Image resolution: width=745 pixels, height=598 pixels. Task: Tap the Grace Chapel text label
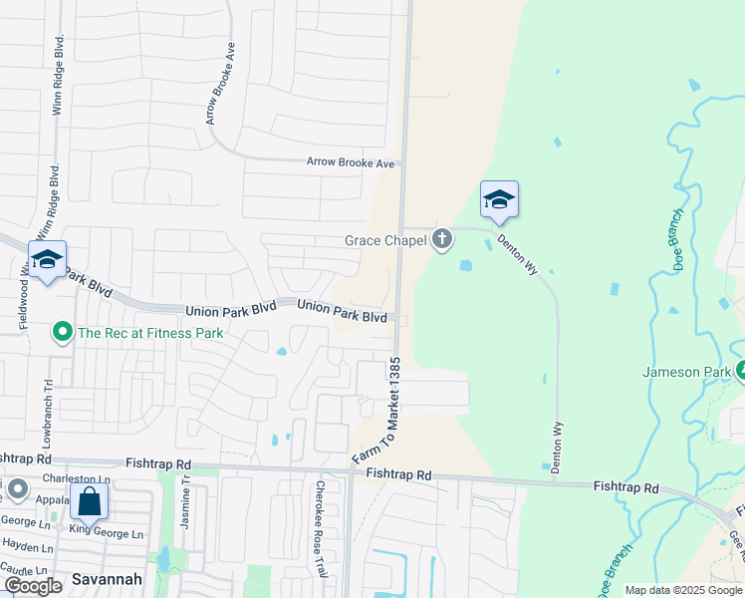click(x=385, y=240)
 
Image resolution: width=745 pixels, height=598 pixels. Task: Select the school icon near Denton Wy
click(x=498, y=199)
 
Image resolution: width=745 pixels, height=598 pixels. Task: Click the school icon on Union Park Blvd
click(x=47, y=259)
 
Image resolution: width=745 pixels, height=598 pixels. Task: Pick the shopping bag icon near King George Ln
click(x=89, y=501)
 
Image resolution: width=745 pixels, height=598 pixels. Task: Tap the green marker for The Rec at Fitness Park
click(x=62, y=332)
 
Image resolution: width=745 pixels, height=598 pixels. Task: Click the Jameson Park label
click(x=687, y=372)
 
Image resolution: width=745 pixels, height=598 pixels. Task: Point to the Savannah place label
click(x=107, y=579)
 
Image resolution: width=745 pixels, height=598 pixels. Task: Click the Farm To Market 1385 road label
click(x=375, y=410)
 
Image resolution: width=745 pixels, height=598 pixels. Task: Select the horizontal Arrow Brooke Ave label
click(x=351, y=162)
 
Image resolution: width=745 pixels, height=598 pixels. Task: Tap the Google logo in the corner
click(x=33, y=586)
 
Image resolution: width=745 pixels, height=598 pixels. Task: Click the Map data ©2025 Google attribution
click(x=682, y=590)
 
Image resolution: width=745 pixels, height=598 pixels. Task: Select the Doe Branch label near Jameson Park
click(x=675, y=238)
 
